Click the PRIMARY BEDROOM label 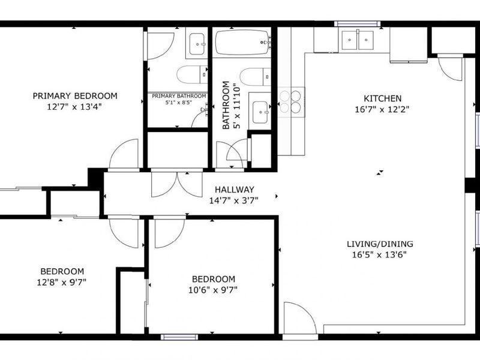pos(75,96)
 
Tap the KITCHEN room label pos(382,98)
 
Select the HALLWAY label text pos(234,190)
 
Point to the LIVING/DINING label pos(380,244)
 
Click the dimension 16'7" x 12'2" pos(382,109)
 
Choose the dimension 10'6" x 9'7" pos(213,290)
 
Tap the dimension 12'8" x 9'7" pos(62,282)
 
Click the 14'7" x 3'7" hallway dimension pos(234,201)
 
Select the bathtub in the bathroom pos(243,42)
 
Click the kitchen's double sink pos(358,40)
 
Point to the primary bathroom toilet pos(192,74)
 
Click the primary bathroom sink pos(197,44)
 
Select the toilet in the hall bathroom pos(256,77)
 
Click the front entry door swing pos(299,319)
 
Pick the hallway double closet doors pos(177,184)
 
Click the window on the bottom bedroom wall pos(179,337)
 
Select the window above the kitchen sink pos(357,23)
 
